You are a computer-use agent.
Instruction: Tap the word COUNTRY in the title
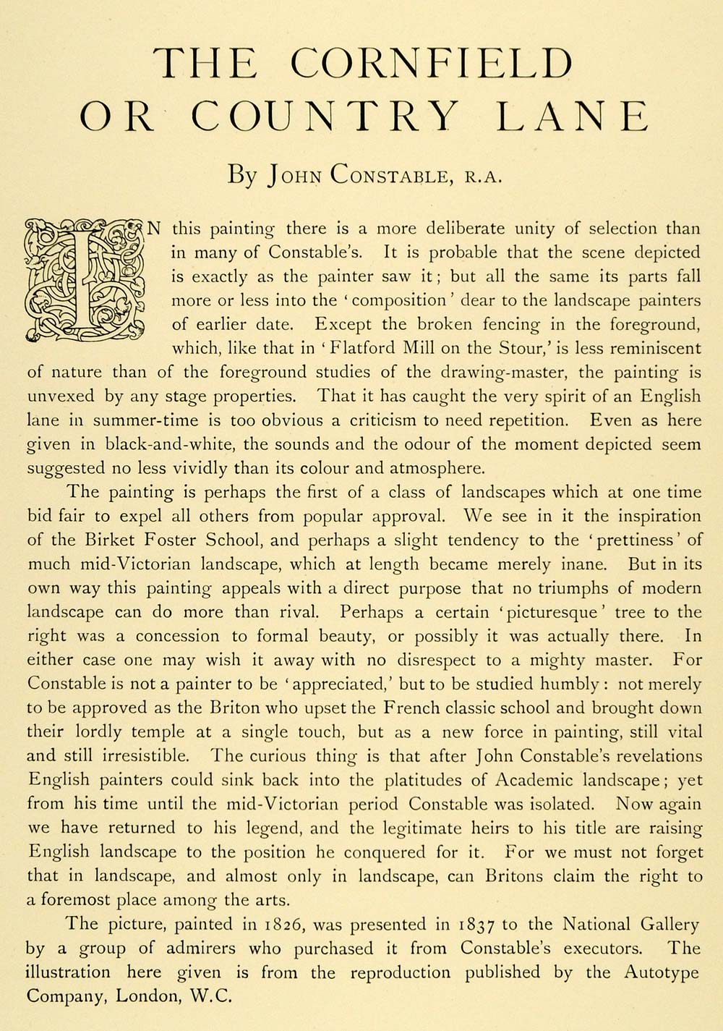(325, 116)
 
